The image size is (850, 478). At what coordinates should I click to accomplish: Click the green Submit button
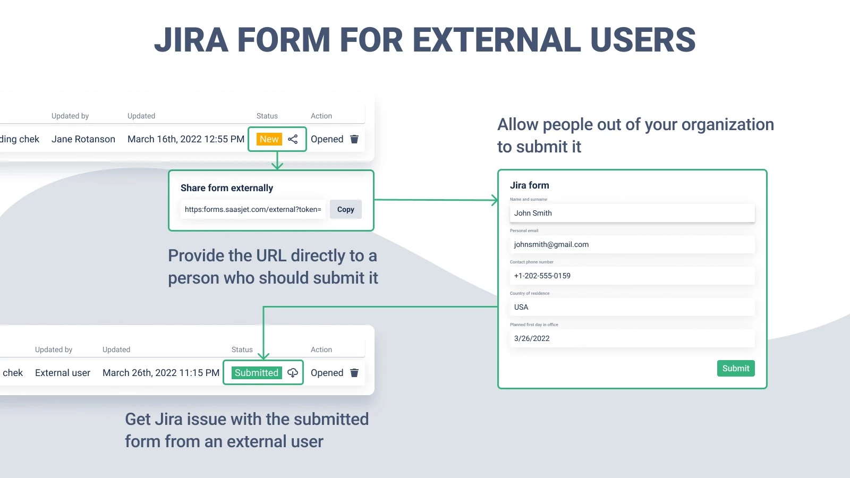click(736, 369)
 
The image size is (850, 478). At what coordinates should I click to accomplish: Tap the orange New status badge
click(269, 139)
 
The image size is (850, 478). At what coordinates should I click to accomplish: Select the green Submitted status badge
click(257, 373)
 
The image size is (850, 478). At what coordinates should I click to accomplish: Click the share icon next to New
click(293, 139)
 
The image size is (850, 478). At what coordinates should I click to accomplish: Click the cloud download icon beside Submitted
click(293, 373)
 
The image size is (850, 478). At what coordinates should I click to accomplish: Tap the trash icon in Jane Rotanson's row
click(354, 139)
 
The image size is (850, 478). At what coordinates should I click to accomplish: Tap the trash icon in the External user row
click(354, 373)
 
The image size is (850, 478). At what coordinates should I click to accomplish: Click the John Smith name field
click(632, 213)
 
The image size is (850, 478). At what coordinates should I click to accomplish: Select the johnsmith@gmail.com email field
click(632, 244)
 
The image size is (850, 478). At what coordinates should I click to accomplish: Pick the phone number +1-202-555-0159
click(542, 276)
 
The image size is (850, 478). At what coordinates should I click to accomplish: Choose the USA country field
click(632, 307)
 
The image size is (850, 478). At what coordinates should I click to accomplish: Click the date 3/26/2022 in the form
click(532, 338)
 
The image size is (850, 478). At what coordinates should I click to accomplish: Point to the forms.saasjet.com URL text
click(253, 209)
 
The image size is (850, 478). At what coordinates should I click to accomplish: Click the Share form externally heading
click(227, 188)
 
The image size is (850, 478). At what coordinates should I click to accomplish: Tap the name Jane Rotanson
click(83, 139)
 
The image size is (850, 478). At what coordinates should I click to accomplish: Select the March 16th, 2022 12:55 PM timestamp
click(186, 139)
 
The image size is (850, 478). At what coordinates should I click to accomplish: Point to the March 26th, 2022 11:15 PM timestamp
click(161, 373)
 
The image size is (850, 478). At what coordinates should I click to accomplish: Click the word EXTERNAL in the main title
click(496, 40)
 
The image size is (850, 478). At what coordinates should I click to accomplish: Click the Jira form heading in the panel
click(530, 185)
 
